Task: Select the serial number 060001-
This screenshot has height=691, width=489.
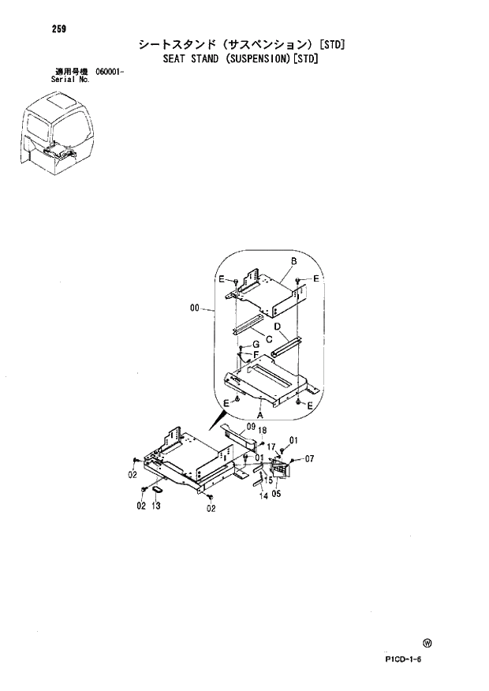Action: point(110,72)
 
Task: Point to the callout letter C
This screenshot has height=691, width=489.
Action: point(270,339)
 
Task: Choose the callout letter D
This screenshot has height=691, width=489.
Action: point(278,326)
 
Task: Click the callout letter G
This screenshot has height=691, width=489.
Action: point(256,344)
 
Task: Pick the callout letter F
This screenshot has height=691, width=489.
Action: point(256,355)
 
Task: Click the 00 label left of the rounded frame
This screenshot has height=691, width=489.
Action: point(195,309)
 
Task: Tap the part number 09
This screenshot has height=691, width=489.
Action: point(249,427)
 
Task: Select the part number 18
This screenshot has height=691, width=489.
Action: point(263,431)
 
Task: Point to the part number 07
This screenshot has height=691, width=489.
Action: point(309,458)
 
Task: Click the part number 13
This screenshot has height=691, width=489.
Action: point(157,506)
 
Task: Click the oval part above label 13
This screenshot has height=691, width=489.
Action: point(156,490)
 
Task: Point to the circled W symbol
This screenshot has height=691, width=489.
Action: point(427,643)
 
